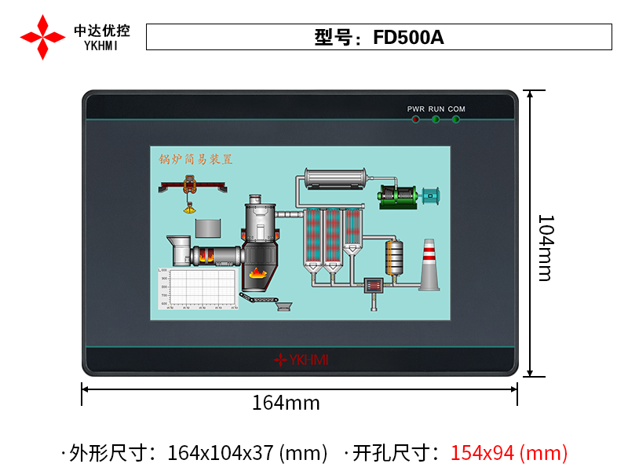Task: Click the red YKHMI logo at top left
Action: point(42,37)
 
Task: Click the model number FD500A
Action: point(408,37)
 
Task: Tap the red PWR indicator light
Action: point(415,119)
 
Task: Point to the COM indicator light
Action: point(456,119)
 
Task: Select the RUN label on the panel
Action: point(436,108)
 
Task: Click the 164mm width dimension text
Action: point(286,403)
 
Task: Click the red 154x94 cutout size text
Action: point(508,453)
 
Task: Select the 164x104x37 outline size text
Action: point(247,453)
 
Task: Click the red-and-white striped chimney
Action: point(429,265)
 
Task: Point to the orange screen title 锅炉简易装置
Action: point(196,159)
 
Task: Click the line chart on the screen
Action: point(197,289)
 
